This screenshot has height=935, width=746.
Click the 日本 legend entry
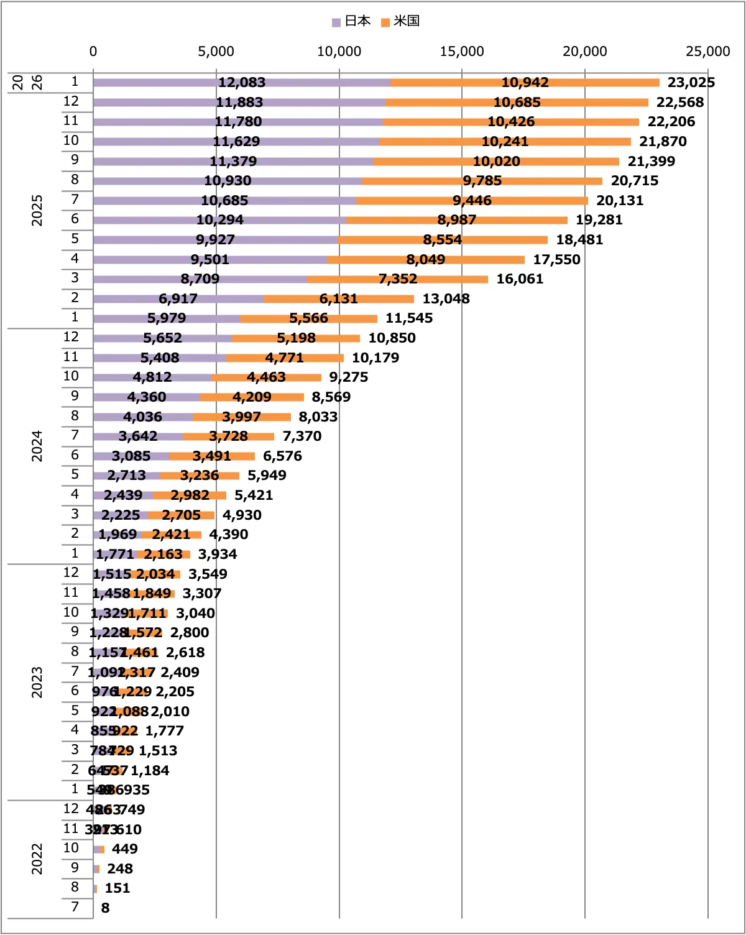point(352,21)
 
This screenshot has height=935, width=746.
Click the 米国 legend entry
point(401,21)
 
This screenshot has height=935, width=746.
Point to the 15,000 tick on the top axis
point(461,51)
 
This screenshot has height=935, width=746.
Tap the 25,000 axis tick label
point(707,51)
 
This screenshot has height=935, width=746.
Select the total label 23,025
point(691,83)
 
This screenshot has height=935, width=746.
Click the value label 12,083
point(242,83)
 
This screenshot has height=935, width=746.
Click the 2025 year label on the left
point(37,210)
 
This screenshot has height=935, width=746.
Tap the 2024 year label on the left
point(37,446)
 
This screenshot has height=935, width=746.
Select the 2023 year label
point(37,682)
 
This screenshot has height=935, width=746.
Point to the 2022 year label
point(37,859)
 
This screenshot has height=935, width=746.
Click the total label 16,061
point(520,279)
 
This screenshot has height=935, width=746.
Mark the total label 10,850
point(392,338)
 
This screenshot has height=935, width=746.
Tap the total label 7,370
point(302,436)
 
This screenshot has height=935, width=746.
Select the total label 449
point(124,849)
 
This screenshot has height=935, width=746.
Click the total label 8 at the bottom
point(105,908)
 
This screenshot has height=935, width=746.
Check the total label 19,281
point(599,220)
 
